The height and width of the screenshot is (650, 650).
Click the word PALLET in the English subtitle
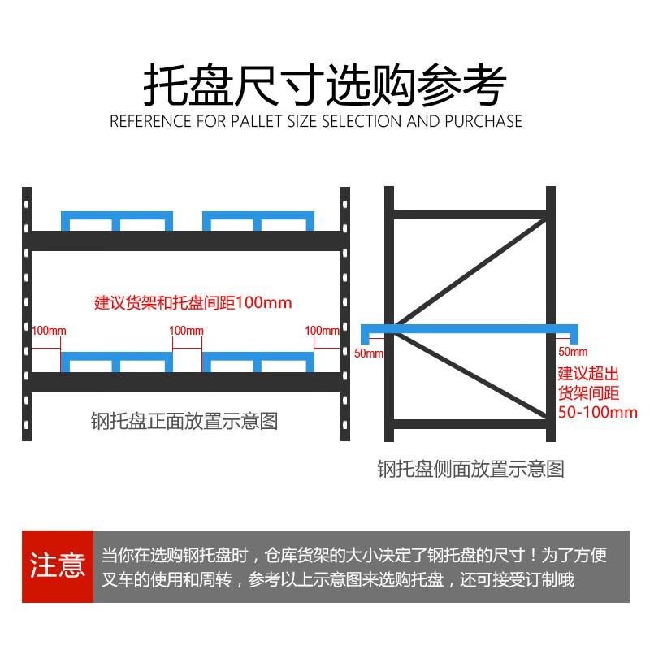pyautogui.click(x=257, y=122)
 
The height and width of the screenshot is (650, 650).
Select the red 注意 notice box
pyautogui.click(x=58, y=565)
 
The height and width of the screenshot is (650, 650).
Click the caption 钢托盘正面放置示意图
pyautogui.click(x=184, y=422)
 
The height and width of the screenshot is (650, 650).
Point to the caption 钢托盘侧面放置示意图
pyautogui.click(x=470, y=469)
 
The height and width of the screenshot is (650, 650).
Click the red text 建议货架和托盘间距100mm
pyautogui.click(x=193, y=303)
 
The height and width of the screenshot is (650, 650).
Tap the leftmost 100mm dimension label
pyautogui.click(x=49, y=331)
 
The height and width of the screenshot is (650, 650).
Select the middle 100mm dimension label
pyautogui.click(x=186, y=331)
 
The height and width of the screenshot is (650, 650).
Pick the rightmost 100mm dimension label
pyautogui.click(x=322, y=331)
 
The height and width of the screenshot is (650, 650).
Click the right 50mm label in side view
pyautogui.click(x=573, y=352)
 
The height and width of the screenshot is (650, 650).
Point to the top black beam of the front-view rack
pyautogui.click(x=185, y=240)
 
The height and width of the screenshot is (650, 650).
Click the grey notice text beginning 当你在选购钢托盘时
pyautogui.click(x=354, y=567)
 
